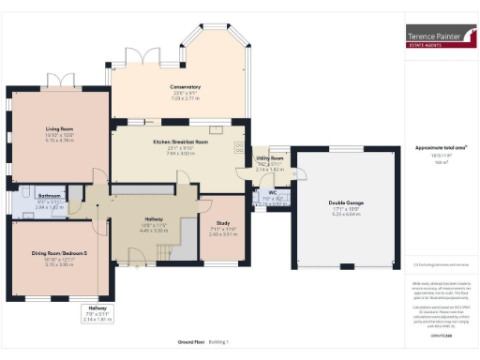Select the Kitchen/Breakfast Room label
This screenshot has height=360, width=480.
[181, 141]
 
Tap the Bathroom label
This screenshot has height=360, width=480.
[50, 197]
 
